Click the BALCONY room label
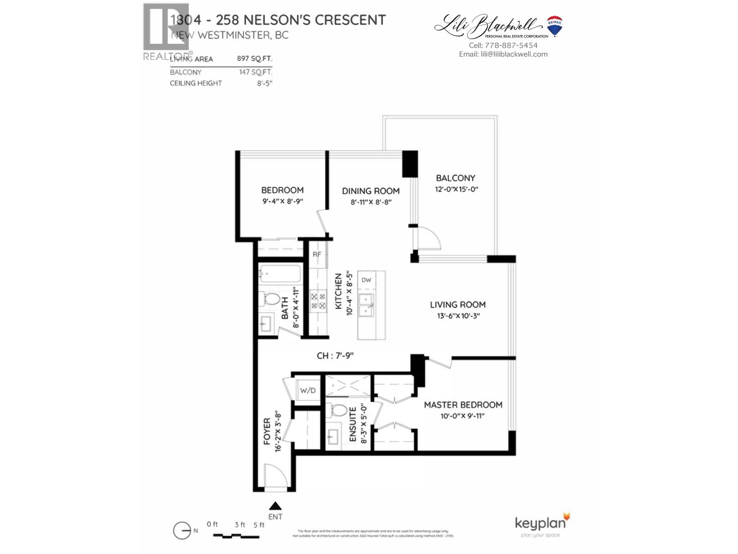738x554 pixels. click(455, 178)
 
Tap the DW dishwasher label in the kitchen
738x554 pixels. click(366, 280)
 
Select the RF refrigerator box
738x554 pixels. click(317, 255)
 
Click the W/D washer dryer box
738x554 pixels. click(308, 391)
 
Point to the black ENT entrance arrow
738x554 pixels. click(275, 506)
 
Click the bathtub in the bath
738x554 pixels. click(280, 274)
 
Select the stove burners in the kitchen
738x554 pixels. click(318, 301)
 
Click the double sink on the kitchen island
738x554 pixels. click(367, 306)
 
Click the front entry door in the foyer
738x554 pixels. click(275, 476)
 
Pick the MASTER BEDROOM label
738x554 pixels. click(463, 405)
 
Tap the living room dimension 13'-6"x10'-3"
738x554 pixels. click(457, 316)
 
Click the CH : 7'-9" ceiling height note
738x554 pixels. click(335, 355)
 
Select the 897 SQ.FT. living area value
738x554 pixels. click(255, 59)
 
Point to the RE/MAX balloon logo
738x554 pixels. click(554, 26)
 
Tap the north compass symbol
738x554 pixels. click(183, 531)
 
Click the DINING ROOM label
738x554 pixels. click(370, 191)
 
